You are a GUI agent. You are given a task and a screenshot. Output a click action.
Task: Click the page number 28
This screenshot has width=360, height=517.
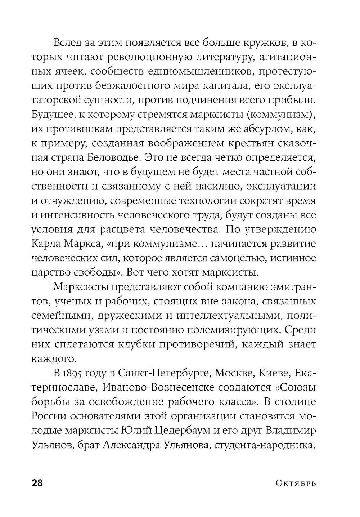(x=37, y=483)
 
